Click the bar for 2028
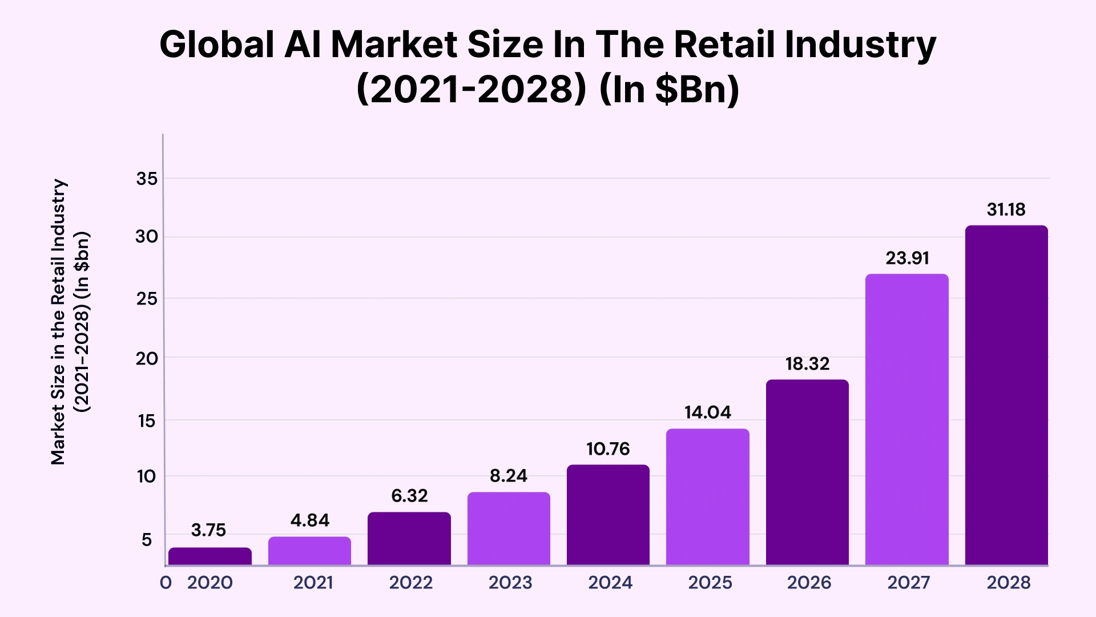pos(1006,395)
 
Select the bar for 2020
pos(209,556)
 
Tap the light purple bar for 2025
pos(707,497)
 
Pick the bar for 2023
pos(509,528)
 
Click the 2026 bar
pos(807,472)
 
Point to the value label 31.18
pos(1006,210)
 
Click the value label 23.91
pos(907,258)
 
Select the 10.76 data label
pos(608,449)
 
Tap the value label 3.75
pos(208,530)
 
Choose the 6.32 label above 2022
pos(409,496)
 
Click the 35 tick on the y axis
pos(147,179)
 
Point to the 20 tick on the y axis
pos(147,359)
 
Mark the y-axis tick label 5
pos(147,540)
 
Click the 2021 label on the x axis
pos(313,583)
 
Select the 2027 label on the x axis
pos(908,583)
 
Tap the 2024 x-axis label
pos(610,583)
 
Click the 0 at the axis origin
pos(166,583)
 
